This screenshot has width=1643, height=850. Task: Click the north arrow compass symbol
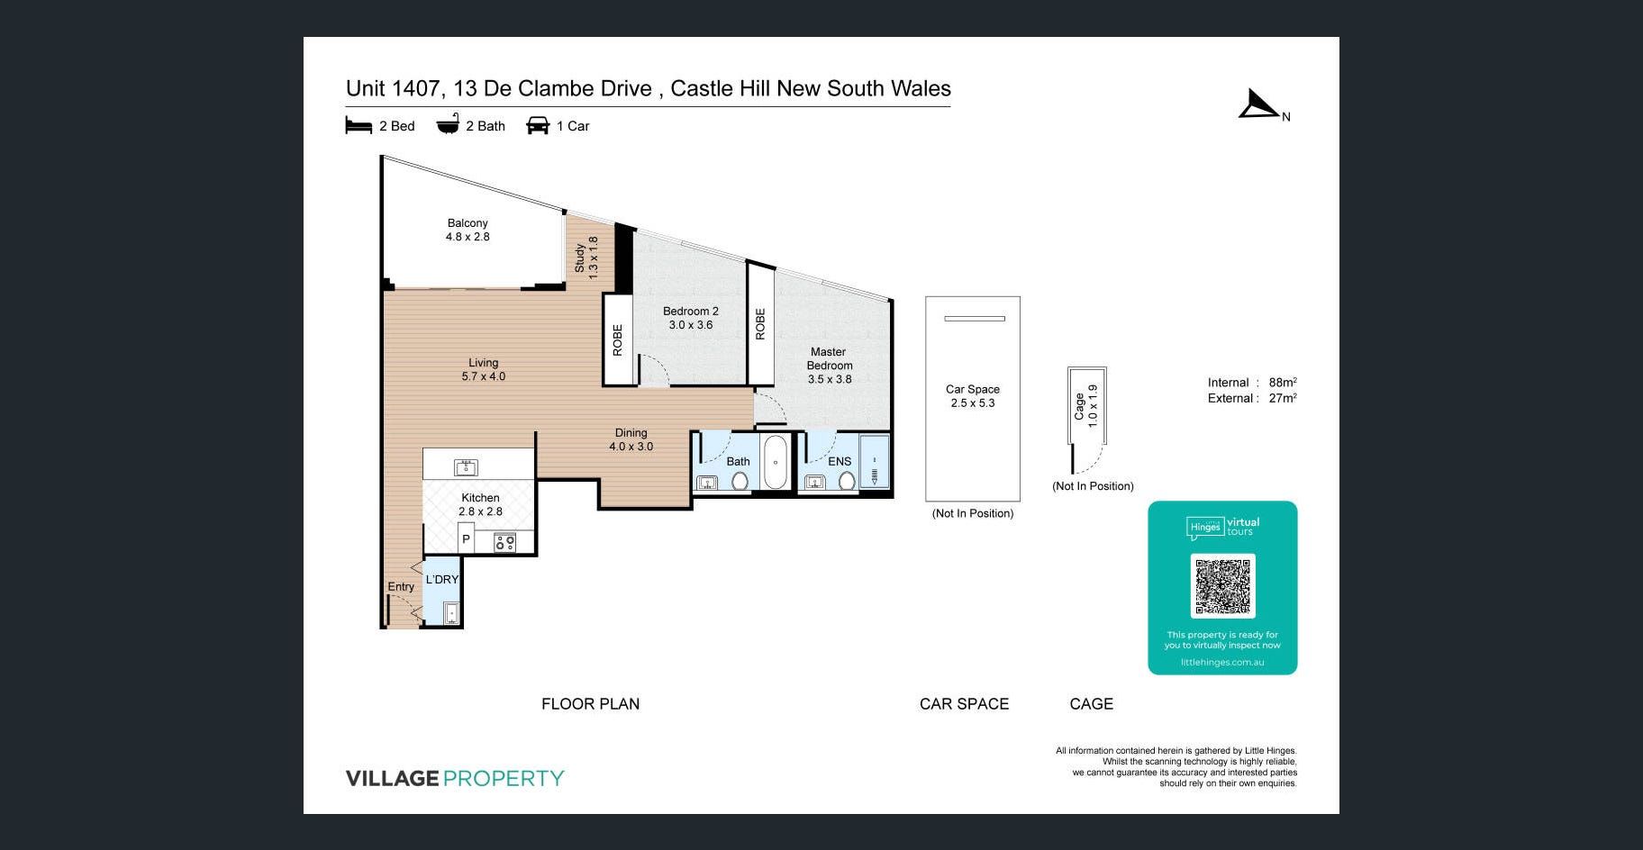point(1259,106)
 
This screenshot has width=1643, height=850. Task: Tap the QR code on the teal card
point(1222,586)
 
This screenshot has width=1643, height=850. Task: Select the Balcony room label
point(467,230)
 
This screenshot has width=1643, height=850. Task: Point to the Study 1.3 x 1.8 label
point(586,258)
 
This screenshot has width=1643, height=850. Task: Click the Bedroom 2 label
point(691,318)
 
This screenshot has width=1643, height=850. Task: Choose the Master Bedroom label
point(829,366)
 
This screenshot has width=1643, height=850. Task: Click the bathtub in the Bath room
point(776,461)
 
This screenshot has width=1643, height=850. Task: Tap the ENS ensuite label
point(840,462)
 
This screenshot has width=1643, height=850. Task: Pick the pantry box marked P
point(466,540)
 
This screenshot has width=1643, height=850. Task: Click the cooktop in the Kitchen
point(504,542)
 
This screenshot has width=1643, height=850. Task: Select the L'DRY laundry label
point(442,580)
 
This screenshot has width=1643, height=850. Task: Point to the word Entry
point(401,587)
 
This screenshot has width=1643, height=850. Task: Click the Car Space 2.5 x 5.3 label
point(973,396)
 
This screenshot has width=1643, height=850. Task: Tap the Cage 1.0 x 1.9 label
point(1085,406)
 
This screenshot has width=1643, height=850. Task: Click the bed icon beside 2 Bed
point(359,125)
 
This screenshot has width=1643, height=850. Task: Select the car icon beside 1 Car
point(538,125)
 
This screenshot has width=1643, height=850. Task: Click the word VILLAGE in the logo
point(393,778)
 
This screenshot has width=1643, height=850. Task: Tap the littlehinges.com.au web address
point(1222,663)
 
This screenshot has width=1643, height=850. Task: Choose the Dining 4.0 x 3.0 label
point(631,439)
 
